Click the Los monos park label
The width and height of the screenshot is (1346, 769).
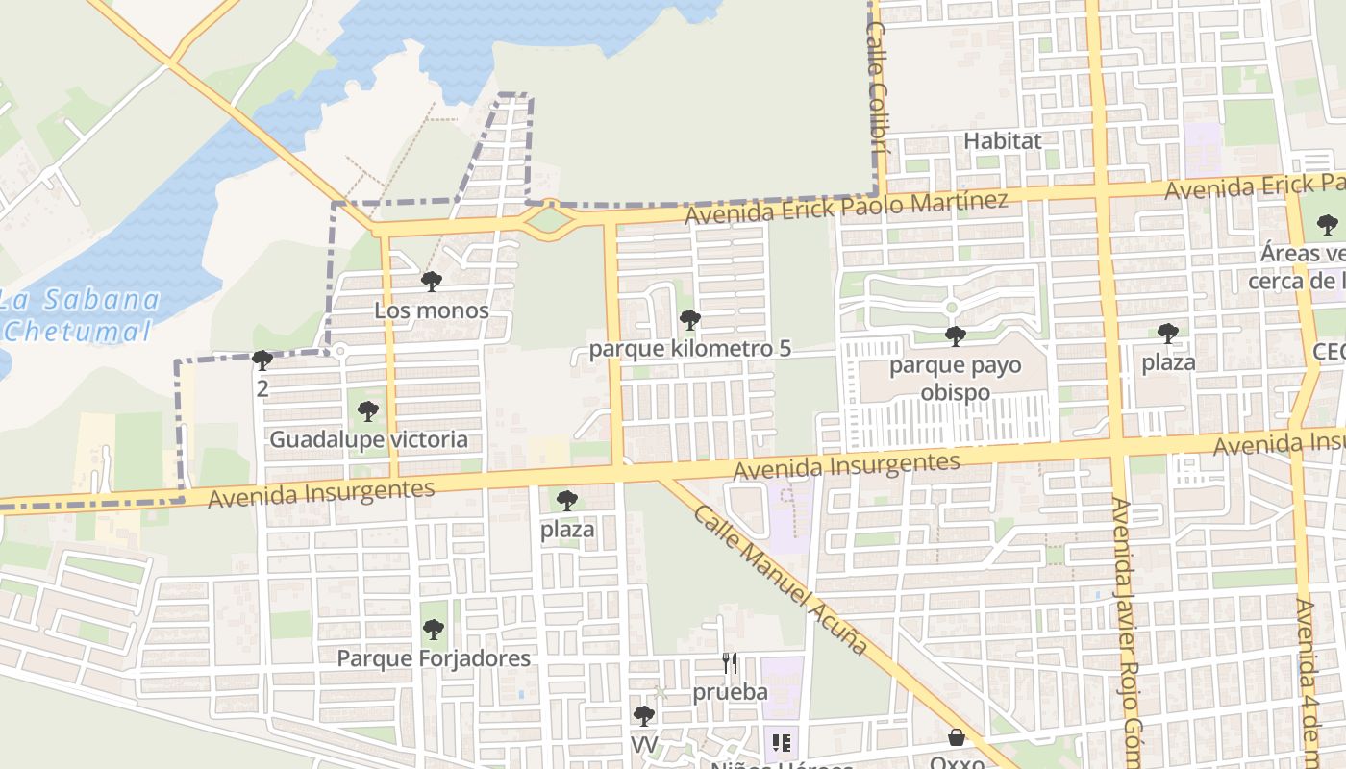(432, 310)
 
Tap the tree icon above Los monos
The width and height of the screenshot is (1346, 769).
(432, 282)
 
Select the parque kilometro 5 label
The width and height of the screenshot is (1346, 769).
(689, 348)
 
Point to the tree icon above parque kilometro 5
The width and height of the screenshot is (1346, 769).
(689, 320)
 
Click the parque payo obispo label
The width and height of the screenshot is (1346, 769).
(955, 379)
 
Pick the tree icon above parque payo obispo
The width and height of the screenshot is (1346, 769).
(955, 335)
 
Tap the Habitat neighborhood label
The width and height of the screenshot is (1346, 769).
(1002, 140)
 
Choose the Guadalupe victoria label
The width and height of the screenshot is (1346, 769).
(368, 440)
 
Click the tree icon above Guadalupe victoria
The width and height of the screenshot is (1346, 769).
(367, 411)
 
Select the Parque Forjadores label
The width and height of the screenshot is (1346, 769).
(434, 658)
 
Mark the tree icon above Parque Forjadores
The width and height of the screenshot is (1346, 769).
(434, 630)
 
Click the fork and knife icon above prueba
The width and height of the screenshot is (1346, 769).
(730, 663)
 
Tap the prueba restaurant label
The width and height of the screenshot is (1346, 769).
(730, 692)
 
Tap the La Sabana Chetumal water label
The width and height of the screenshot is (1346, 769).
(79, 315)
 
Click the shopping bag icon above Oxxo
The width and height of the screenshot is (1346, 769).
(957, 737)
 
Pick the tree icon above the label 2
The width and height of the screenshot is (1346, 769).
(262, 360)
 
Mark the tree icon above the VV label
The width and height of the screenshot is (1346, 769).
(643, 715)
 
